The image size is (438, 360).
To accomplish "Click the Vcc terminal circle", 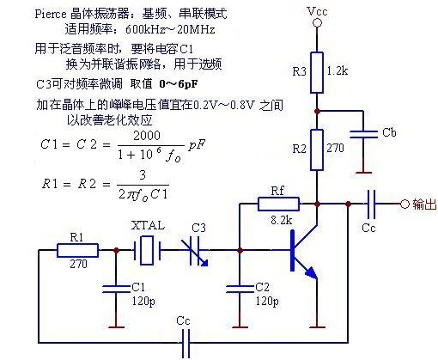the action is (317, 23).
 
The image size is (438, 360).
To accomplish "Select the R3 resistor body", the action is (317, 72).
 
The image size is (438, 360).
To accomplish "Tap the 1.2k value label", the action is (338, 70).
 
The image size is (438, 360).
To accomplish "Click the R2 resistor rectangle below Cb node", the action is (317, 149).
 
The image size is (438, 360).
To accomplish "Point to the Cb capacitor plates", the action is (363, 134).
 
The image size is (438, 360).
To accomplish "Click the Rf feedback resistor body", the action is (278, 204).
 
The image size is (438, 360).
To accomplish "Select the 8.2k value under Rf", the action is (281, 220).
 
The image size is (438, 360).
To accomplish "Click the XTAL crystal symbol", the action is (148, 250).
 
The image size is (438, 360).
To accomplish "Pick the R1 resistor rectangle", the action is (77, 250).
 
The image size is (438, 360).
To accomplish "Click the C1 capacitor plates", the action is (116, 289).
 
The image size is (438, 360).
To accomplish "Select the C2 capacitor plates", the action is (240, 289).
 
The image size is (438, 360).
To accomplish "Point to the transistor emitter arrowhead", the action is (312, 273).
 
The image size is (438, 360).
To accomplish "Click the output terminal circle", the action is (405, 204).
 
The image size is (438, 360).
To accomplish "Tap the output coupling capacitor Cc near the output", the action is (371, 204).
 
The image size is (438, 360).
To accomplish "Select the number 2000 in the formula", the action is (147, 135).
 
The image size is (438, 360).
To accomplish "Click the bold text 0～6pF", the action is (178, 84).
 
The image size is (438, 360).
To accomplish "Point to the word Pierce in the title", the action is (51, 14).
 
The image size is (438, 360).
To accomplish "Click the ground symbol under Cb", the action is (363, 173).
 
